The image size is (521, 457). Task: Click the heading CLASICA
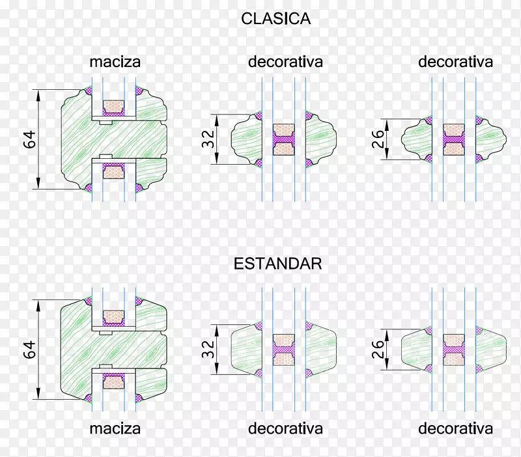click(x=275, y=19)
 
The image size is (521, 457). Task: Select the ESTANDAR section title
click(x=278, y=264)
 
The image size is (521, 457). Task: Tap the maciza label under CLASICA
click(x=115, y=62)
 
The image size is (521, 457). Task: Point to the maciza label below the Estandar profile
click(x=115, y=429)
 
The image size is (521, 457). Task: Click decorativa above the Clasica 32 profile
click(x=285, y=62)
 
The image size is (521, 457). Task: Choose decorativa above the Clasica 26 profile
click(x=455, y=62)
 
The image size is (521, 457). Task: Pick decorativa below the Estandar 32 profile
click(x=285, y=429)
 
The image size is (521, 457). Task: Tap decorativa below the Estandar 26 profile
click(x=455, y=429)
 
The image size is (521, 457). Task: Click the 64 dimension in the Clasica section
click(x=29, y=139)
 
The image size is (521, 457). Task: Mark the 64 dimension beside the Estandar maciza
click(x=29, y=349)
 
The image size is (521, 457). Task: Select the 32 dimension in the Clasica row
click(x=208, y=139)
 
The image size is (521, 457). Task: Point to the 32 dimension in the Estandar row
click(x=208, y=349)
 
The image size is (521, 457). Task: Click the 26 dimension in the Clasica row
click(x=378, y=139)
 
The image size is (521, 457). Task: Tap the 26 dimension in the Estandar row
click(x=378, y=349)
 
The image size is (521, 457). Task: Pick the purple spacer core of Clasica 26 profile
click(x=453, y=139)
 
